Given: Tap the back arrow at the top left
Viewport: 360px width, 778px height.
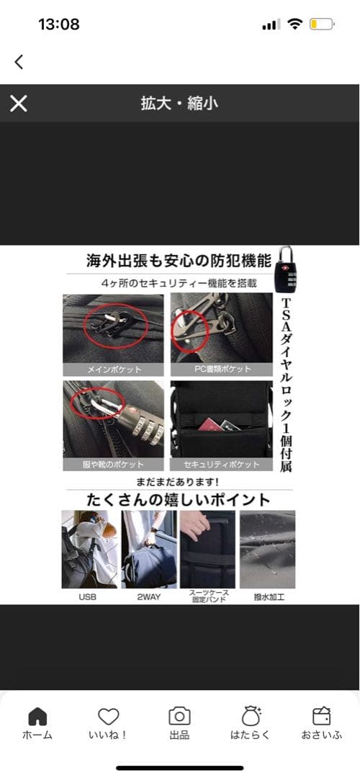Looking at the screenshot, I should click(x=19, y=62).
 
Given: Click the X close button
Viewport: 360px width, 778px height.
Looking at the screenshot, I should click(x=19, y=104).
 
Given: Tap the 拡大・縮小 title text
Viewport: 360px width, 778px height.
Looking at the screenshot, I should click(x=179, y=104).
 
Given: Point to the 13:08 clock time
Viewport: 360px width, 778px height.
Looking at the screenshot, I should click(x=58, y=24).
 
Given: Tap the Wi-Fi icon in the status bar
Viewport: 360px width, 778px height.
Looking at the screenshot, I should click(x=294, y=24).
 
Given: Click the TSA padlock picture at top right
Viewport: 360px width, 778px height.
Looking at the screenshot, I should click(x=284, y=271).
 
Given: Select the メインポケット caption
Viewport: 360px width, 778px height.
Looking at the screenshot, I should click(x=114, y=370).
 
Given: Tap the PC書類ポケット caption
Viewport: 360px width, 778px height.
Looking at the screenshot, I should click(x=222, y=370).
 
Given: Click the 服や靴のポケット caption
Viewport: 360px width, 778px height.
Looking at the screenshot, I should click(x=114, y=465).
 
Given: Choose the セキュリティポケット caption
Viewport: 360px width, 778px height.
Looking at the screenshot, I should click(x=222, y=465).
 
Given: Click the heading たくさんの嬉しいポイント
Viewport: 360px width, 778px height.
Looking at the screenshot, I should click(x=179, y=499).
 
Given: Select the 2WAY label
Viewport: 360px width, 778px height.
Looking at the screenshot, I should click(x=148, y=597).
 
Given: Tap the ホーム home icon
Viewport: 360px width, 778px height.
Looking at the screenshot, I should click(x=37, y=716).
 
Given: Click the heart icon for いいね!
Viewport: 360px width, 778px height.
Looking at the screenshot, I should click(x=109, y=716).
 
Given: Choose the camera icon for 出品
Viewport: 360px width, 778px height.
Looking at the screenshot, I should click(x=179, y=716).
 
